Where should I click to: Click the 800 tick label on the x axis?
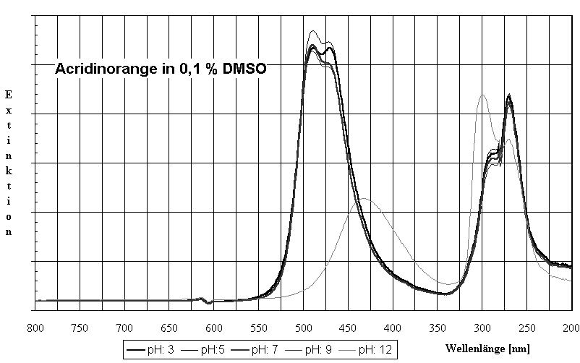pyautogui.click(x=35, y=327)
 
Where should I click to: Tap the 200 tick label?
pyautogui.click(x=571, y=327)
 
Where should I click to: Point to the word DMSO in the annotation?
pyautogui.click(x=246, y=70)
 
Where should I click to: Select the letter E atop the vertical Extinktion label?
pyautogui.click(x=9, y=95)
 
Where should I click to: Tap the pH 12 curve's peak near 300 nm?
pyautogui.click(x=482, y=95)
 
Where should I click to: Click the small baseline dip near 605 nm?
pyautogui.click(x=209, y=302)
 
